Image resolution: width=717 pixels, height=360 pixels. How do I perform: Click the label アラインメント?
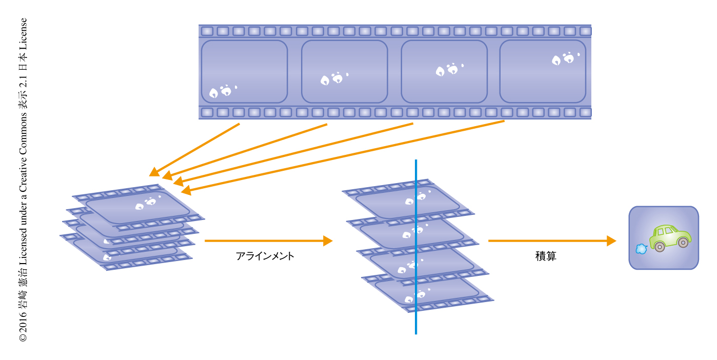(x=265, y=256)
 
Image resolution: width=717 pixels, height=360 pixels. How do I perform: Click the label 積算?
(x=546, y=256)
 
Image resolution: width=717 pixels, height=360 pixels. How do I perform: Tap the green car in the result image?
(x=669, y=236)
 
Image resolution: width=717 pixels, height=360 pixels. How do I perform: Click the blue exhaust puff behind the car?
(x=641, y=249)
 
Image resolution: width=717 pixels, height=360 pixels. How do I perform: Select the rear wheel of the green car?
(x=660, y=247)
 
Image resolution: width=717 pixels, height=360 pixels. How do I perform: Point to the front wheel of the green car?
(x=683, y=243)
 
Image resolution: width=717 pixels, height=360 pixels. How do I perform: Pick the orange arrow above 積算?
(x=551, y=241)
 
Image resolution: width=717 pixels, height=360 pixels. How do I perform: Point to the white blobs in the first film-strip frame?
(x=222, y=92)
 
